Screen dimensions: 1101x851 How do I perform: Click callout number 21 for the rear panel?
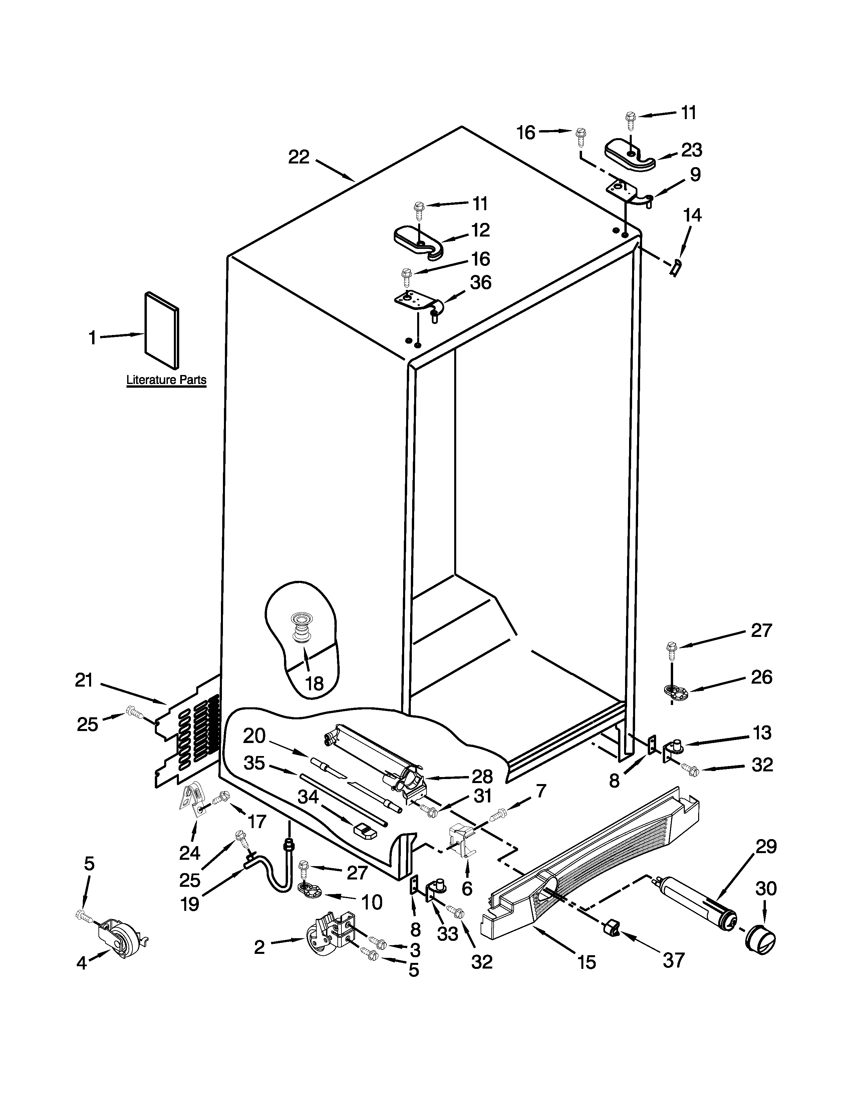tap(84, 681)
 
